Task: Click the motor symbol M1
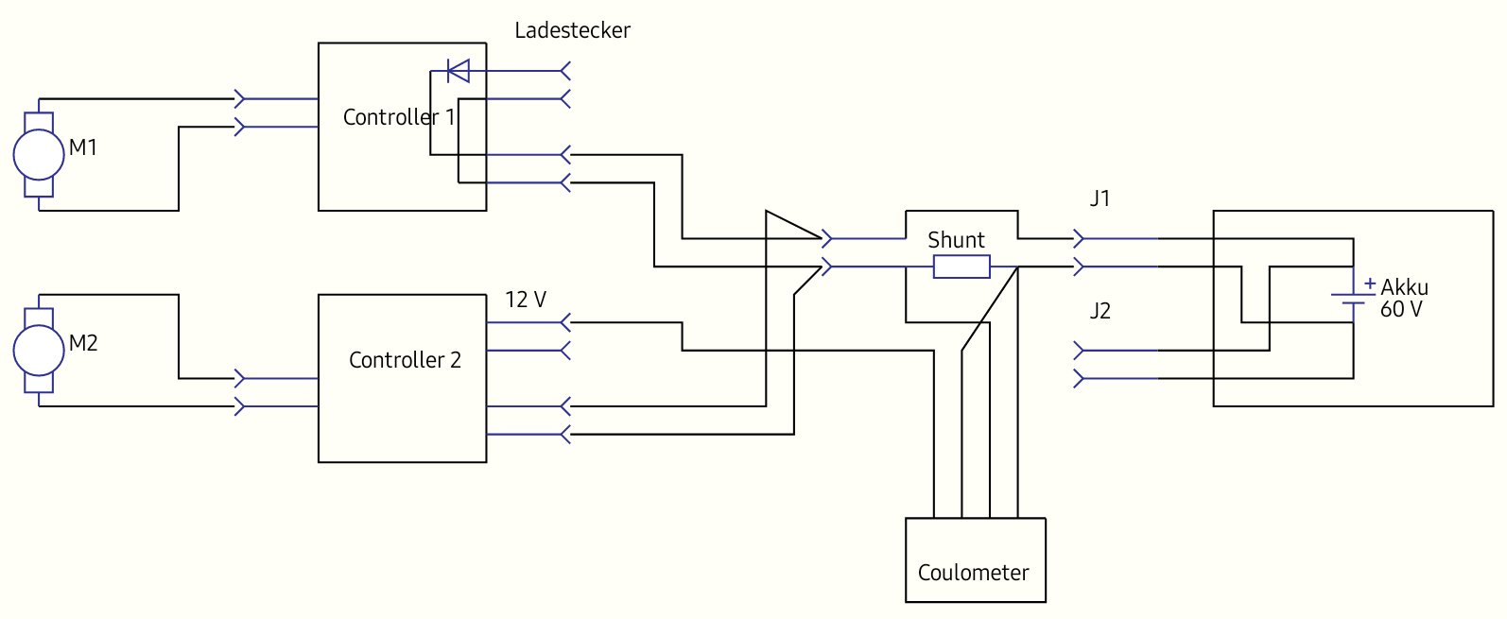click(38, 154)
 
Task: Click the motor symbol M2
click(38, 350)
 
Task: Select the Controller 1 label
click(398, 117)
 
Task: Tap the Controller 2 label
click(405, 360)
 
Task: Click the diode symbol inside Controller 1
click(458, 71)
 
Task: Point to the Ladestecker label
click(572, 30)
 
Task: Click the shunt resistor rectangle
click(961, 267)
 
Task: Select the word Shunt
click(956, 240)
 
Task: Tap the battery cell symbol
click(1353, 299)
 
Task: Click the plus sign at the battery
click(1370, 283)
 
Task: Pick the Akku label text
click(1404, 287)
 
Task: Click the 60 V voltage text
click(1400, 309)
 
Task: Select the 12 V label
click(526, 300)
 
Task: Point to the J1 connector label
click(1100, 198)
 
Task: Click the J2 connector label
click(1100, 311)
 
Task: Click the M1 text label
click(83, 147)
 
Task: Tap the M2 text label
click(83, 343)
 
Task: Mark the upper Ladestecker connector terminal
click(564, 71)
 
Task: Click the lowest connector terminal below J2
click(1080, 379)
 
